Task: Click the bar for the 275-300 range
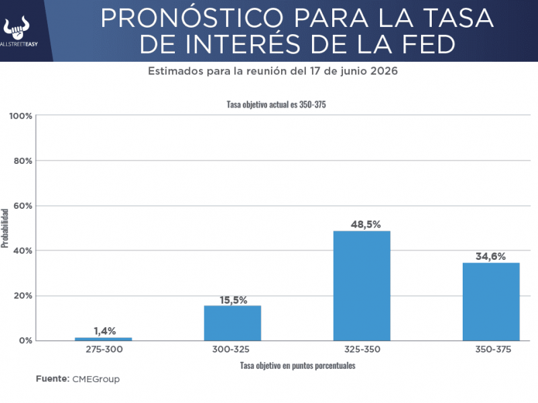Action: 103,339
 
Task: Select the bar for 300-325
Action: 233,323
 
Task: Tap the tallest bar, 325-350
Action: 362,285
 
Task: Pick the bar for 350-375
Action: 491,302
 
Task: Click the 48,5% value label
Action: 362,224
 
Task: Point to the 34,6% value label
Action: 491,256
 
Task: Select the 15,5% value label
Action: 233,300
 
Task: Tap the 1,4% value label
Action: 104,330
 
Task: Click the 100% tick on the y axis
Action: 21,116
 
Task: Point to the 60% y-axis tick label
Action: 23,206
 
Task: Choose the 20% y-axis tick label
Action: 23,296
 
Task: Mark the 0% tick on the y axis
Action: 26,341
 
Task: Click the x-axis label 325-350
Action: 362,351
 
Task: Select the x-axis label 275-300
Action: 104,351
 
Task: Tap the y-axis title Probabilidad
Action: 5,228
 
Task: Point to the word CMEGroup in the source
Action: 95,379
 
